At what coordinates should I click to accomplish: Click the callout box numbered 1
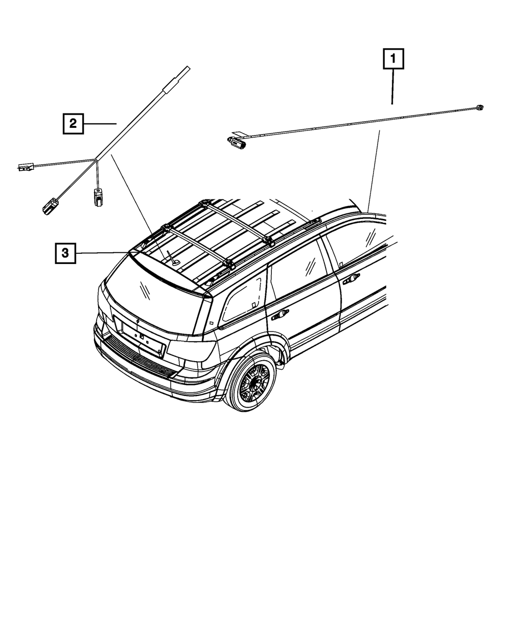[x=393, y=59]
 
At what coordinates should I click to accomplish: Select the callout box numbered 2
[x=73, y=123]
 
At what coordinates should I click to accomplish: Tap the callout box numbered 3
[x=65, y=253]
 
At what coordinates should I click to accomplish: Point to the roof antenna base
[x=176, y=262]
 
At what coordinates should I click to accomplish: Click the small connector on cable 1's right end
[x=479, y=107]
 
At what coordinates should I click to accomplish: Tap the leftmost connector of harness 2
[x=25, y=167]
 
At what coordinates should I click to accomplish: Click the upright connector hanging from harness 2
[x=97, y=196]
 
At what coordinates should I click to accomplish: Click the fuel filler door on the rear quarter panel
[x=211, y=323]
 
